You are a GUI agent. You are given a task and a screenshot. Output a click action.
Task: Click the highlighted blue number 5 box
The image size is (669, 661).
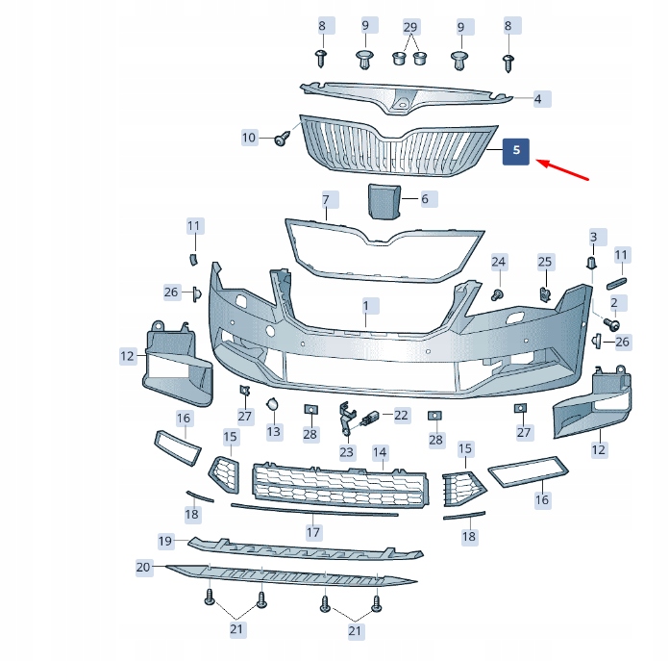516,151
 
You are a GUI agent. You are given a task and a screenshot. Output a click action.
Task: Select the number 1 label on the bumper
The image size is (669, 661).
365,307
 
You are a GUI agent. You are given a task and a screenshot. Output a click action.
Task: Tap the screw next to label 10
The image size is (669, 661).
282,140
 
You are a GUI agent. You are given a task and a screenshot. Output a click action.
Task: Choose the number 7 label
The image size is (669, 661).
326,201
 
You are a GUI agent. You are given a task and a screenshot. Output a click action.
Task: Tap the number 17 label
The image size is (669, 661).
312,531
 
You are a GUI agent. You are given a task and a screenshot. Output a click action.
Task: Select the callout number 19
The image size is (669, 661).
165,541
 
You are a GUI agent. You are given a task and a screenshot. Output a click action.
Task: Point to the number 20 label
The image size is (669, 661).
143,568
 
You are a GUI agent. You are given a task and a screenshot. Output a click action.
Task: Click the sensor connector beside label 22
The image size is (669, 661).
369,419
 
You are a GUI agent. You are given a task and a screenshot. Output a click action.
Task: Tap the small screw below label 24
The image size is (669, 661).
499,292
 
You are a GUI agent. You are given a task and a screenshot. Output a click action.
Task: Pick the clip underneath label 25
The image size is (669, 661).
545,292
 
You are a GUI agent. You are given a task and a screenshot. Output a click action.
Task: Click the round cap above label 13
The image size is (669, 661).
273,406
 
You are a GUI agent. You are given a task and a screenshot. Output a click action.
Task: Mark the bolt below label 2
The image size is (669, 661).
610,324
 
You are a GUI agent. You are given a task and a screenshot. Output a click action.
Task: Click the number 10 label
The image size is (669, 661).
249,138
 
